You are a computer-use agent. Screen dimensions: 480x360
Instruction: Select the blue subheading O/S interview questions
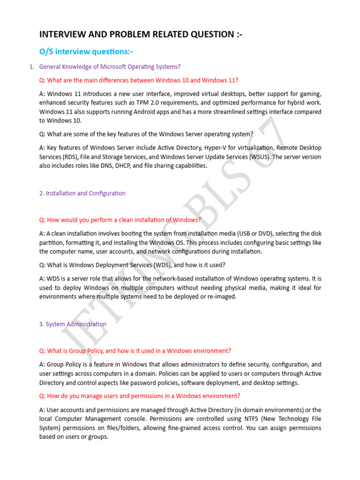82,51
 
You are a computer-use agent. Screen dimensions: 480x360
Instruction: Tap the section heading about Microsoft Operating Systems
110,67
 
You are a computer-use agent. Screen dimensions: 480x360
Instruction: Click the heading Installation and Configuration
82,193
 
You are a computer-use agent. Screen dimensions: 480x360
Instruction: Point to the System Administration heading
73,324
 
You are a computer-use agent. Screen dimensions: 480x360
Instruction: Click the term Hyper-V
231,148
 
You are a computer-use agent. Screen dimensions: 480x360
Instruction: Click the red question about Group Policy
135,351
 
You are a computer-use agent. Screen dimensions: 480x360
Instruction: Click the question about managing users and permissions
140,396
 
